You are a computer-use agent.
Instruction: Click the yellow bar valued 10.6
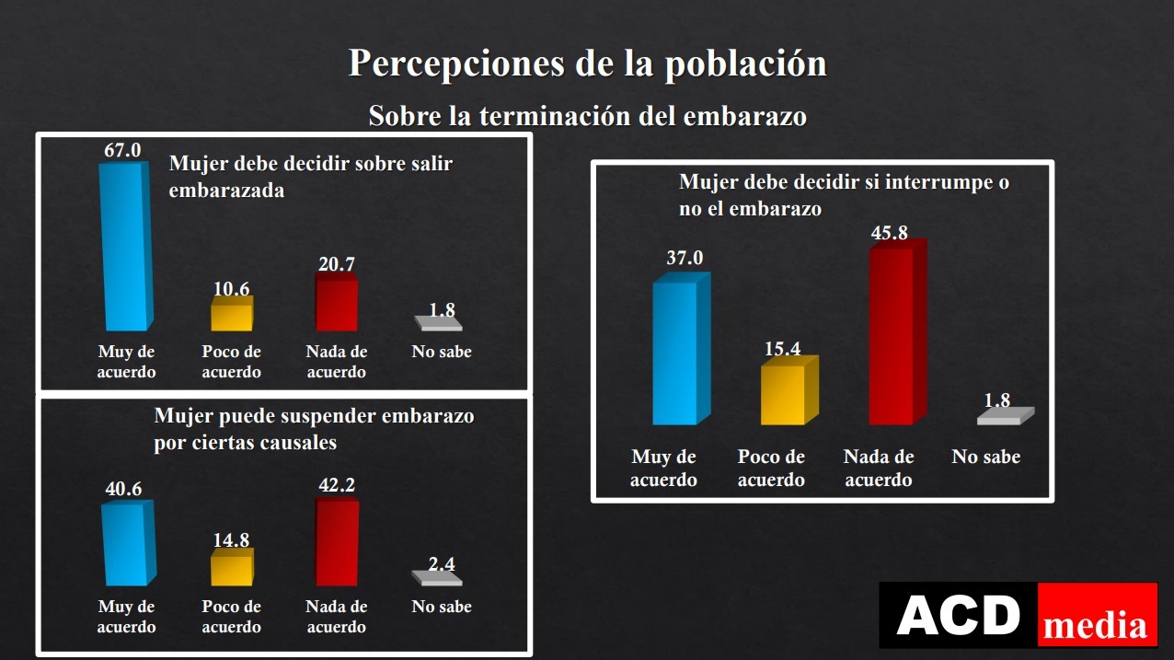[x=231, y=316]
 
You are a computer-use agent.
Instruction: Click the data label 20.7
[x=336, y=264]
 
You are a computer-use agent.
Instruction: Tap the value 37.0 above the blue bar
[x=684, y=258]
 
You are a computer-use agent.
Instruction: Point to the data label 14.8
[x=231, y=539]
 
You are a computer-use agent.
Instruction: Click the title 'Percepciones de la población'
[x=587, y=63]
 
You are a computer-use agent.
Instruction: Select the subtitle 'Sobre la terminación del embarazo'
[x=587, y=117]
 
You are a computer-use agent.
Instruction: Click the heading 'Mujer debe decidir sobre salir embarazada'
[x=311, y=177]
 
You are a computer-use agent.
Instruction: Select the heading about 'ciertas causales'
[x=314, y=429]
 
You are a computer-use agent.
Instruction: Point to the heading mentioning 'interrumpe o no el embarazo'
[x=844, y=195]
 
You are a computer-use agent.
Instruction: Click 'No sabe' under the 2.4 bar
[x=442, y=607]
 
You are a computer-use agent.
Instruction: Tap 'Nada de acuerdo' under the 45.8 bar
[x=879, y=469]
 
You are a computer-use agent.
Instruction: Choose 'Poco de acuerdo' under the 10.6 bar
[x=231, y=362]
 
